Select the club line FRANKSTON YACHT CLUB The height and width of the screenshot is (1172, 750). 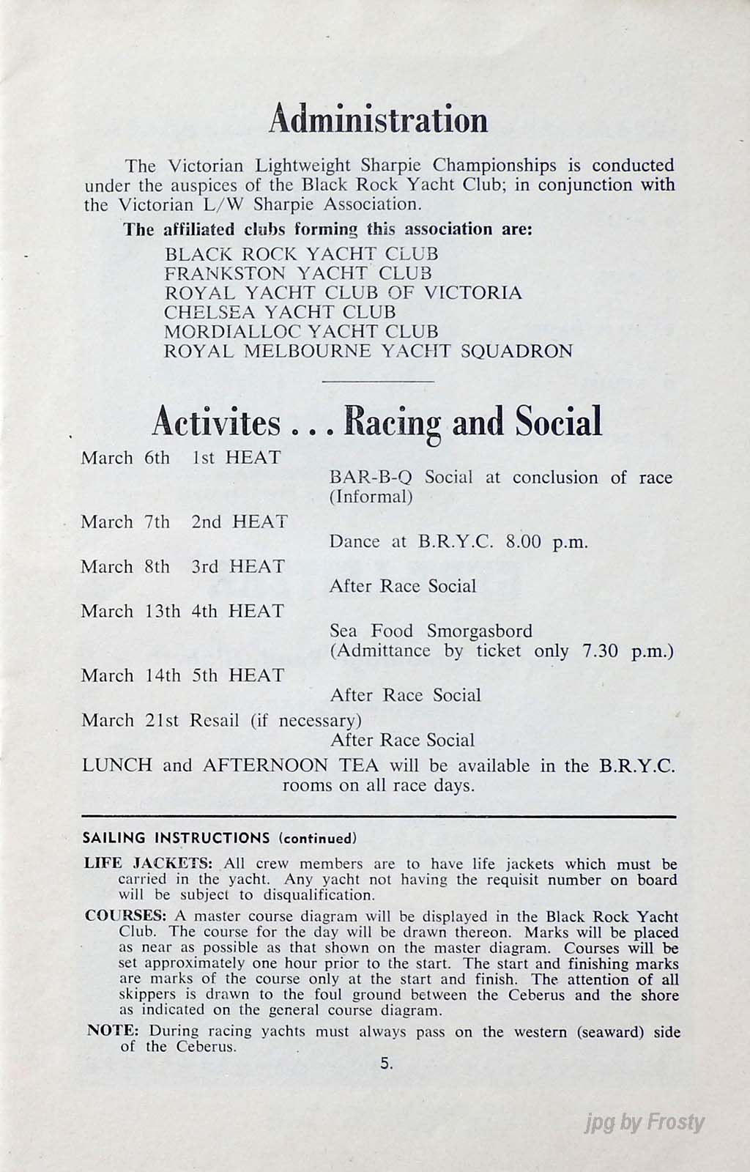click(298, 273)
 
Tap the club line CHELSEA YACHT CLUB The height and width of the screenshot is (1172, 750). click(280, 312)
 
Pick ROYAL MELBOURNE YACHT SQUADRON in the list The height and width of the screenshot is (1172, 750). click(368, 351)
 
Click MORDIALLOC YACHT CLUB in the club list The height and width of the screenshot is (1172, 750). click(301, 332)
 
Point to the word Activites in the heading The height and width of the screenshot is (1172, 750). click(216, 423)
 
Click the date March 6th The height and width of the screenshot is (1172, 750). click(125, 458)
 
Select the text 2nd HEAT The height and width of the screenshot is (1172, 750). click(240, 522)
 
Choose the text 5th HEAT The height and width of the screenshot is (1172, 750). click(237, 675)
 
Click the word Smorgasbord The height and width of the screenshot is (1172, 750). click(480, 631)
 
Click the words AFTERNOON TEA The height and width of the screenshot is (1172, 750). click(291, 765)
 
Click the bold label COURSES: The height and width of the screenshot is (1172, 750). click(126, 916)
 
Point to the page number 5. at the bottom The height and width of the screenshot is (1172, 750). click(387, 1064)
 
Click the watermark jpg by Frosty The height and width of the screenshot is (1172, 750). click(645, 1122)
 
